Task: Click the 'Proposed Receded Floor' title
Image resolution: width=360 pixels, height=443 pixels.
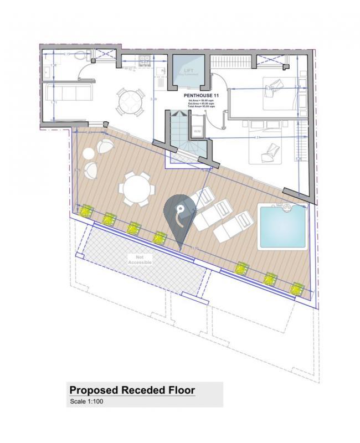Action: tap(132, 390)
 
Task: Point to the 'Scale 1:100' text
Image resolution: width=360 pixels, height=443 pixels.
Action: tap(86, 401)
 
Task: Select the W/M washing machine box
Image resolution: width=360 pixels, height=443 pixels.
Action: tap(197, 131)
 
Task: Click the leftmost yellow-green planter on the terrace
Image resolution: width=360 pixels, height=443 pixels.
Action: tap(85, 210)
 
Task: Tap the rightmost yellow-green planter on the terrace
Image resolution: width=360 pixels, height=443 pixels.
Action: tap(297, 287)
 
